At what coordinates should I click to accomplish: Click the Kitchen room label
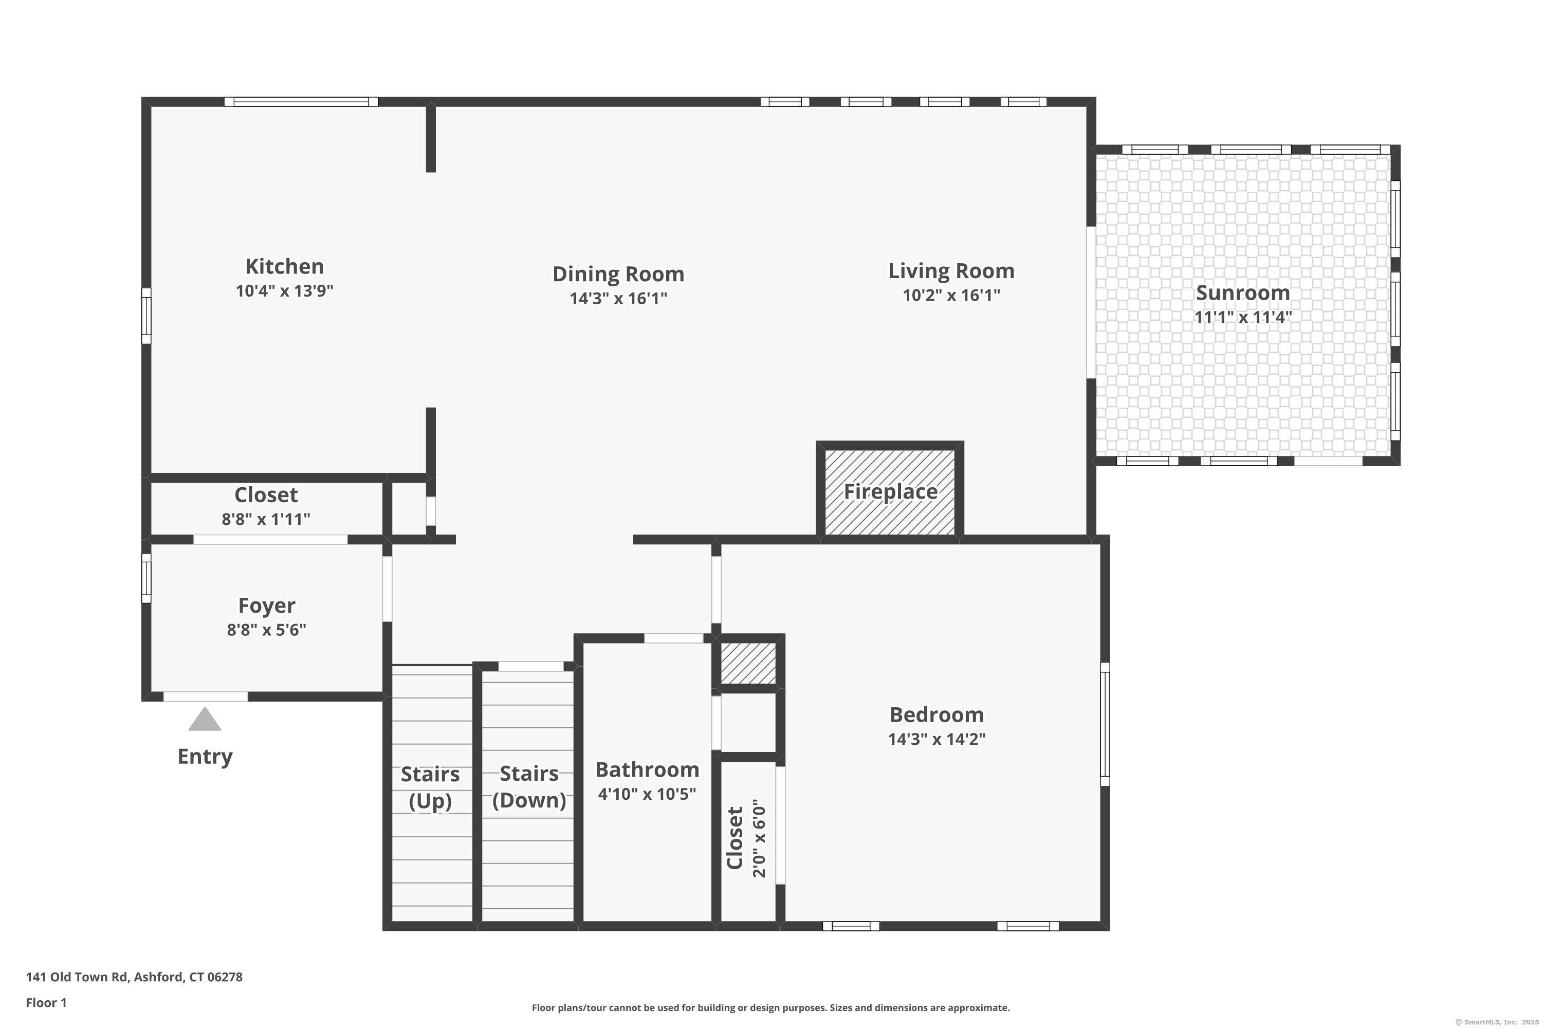[285, 266]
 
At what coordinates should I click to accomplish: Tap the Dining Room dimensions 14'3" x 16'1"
[618, 298]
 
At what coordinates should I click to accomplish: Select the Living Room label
[951, 271]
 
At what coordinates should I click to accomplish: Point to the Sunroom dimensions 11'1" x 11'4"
[1243, 317]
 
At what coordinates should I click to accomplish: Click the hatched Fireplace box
[890, 491]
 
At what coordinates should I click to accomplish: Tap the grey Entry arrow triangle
[205, 719]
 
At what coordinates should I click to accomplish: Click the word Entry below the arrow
[205, 757]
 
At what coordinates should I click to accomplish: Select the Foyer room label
[266, 605]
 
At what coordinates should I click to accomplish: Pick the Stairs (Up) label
[430, 787]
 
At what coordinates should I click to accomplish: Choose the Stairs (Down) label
[529, 787]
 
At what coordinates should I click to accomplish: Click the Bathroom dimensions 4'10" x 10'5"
[647, 794]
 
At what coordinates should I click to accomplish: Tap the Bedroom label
[937, 714]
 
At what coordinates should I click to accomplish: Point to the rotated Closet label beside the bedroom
[735, 838]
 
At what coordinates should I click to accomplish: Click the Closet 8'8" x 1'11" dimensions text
[266, 519]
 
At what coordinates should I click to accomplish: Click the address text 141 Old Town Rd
[77, 977]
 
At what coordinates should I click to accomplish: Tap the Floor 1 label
[47, 1002]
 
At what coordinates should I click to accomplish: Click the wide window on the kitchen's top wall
[301, 102]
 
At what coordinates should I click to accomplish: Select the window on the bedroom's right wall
[1105, 724]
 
